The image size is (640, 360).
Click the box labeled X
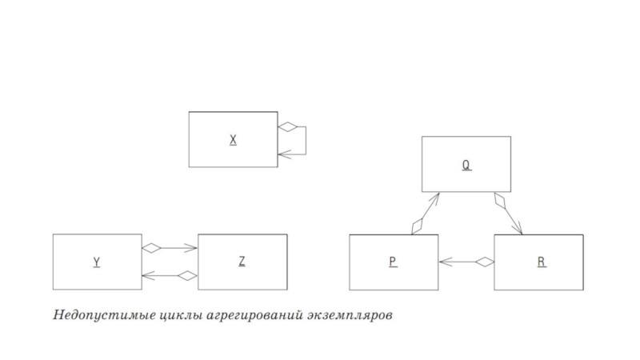pyautogui.click(x=233, y=139)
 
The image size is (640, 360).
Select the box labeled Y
pyautogui.click(x=97, y=262)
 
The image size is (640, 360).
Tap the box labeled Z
pyautogui.click(x=242, y=262)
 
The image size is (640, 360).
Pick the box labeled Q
pyautogui.click(x=466, y=165)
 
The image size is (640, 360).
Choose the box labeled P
pyautogui.click(x=394, y=262)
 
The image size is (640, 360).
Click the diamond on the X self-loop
pyautogui.click(x=287, y=126)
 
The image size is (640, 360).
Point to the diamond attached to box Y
pyautogui.click(x=151, y=248)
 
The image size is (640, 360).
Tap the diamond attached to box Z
pyautogui.click(x=187, y=276)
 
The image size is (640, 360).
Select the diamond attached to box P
pyautogui.click(x=417, y=226)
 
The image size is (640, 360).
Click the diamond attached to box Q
pyautogui.click(x=501, y=201)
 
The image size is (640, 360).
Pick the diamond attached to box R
pyautogui.click(x=484, y=262)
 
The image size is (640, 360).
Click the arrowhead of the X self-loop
pyautogui.click(x=282, y=154)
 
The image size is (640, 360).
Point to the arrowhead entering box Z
pyautogui.click(x=193, y=248)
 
